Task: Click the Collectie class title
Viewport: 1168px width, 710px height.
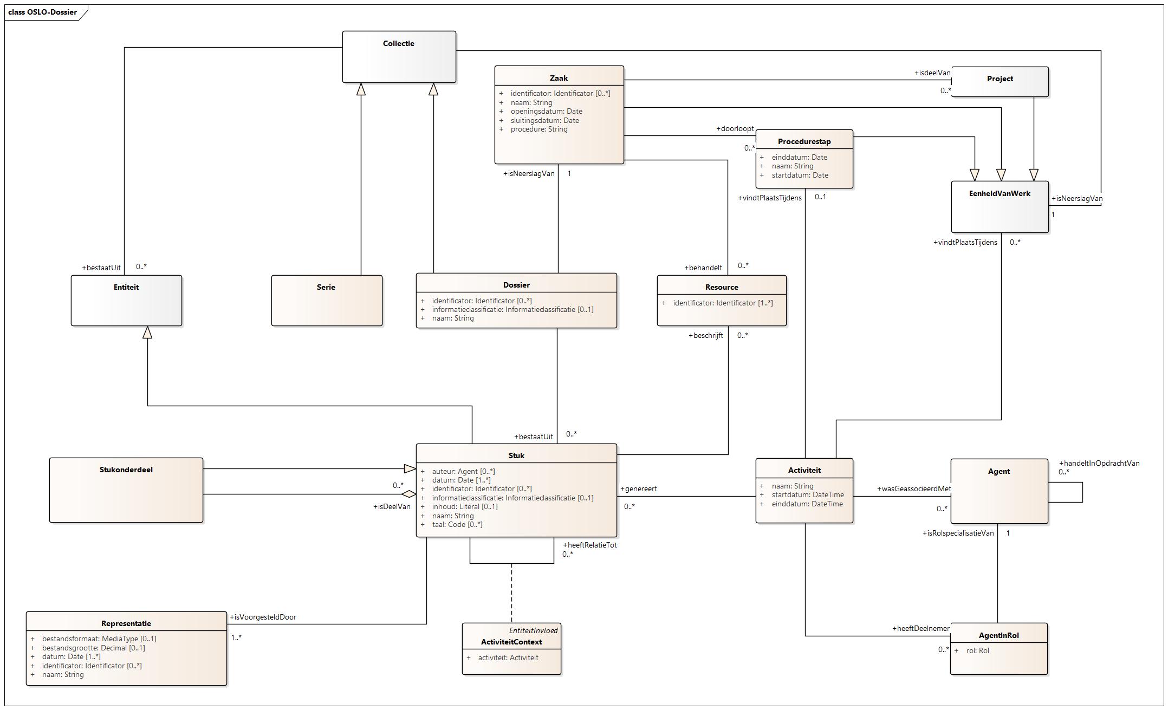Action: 398,44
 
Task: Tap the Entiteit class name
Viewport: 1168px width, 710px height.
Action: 126,288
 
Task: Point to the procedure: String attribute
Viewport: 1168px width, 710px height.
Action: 538,129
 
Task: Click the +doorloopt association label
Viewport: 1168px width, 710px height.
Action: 735,129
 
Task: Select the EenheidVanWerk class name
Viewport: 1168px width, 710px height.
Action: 1000,194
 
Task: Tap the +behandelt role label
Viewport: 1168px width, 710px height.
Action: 703,268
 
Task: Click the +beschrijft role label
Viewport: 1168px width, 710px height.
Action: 705,336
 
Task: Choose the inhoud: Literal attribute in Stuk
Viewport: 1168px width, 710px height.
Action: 464,507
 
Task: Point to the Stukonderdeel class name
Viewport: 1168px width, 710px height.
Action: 126,470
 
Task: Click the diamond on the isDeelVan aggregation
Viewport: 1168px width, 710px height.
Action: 408,494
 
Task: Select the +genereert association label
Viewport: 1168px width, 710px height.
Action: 638,489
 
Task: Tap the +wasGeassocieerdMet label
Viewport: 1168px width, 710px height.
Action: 913,489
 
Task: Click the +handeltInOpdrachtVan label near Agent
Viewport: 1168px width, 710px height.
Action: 1099,464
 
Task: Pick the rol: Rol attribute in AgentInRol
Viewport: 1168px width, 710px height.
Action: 977,651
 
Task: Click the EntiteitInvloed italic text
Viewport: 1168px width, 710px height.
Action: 533,631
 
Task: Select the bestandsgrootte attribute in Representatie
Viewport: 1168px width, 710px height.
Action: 93,648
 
